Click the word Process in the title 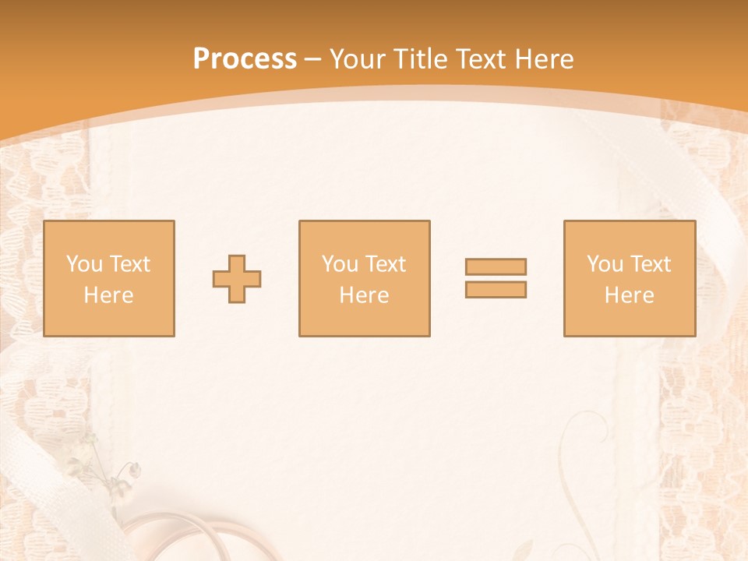pos(245,59)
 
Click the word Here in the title pos(546,59)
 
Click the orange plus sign pos(237,279)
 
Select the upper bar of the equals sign pos(496,266)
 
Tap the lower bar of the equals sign pos(496,289)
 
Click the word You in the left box pos(83,264)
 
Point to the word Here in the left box pos(108,295)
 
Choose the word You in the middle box pos(340,264)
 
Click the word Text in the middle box pos(385,264)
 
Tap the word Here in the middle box pos(364,295)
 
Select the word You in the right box pos(605,264)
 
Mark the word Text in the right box pos(650,264)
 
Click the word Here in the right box pos(629,295)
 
